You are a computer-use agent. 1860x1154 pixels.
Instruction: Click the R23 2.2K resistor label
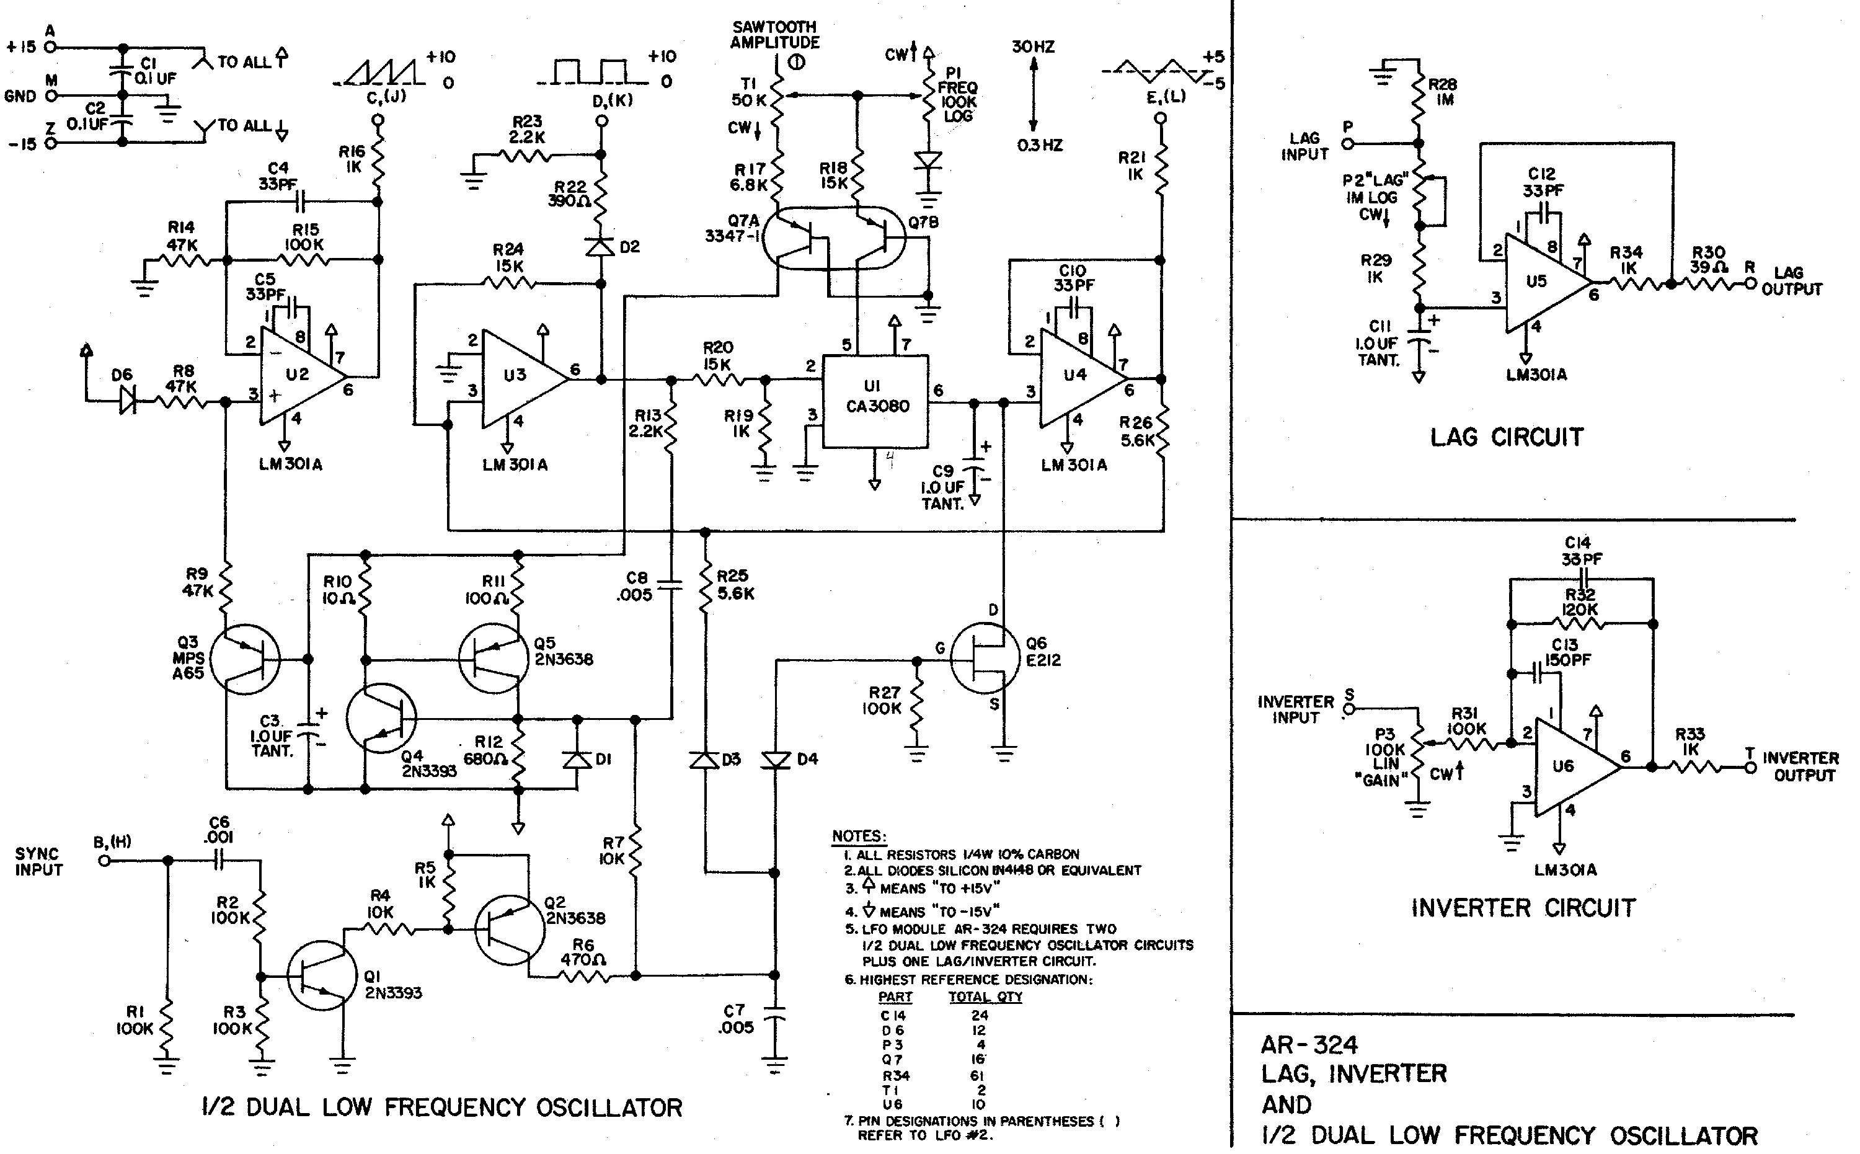[x=526, y=129]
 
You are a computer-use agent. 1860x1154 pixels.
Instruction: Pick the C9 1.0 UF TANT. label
[x=943, y=487]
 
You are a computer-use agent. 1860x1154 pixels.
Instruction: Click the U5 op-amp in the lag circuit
[x=1541, y=282]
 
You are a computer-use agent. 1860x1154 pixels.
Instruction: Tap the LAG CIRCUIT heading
[x=1506, y=437]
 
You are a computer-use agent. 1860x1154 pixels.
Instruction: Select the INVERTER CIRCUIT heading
[x=1523, y=908]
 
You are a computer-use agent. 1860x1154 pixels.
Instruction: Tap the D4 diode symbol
[x=775, y=760]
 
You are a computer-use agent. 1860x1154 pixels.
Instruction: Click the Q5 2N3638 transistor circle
[x=493, y=659]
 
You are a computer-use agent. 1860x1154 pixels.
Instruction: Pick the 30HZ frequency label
[x=1033, y=47]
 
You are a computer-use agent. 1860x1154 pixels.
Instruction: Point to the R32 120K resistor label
[x=1579, y=602]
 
